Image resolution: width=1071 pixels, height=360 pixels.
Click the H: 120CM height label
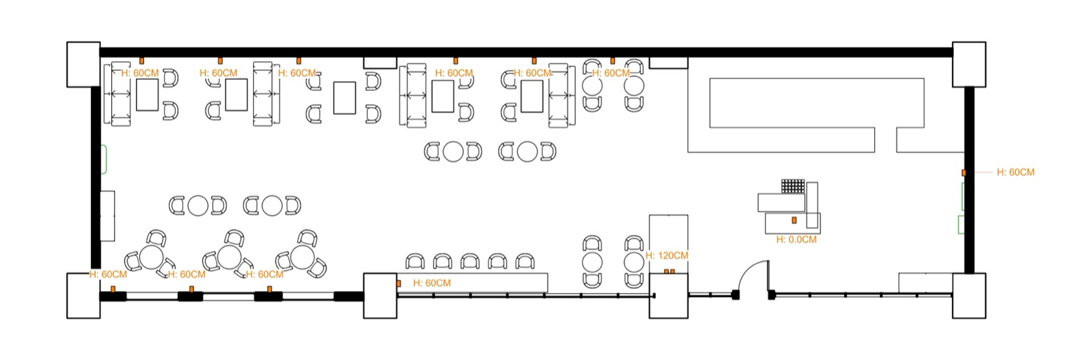pos(667,256)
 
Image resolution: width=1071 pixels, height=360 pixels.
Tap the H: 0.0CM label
pos(796,240)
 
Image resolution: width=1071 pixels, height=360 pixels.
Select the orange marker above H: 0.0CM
pos(794,220)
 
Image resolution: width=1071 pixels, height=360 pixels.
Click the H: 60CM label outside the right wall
pos(1015,172)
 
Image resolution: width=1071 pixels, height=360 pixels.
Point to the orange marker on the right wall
pos(964,172)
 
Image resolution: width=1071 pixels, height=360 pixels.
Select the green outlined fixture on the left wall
pos(104,159)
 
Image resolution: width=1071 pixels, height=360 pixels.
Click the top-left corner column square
pos(84,64)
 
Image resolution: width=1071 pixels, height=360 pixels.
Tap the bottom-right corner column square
pos(969,296)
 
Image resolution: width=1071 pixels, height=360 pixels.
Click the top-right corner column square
pos(969,64)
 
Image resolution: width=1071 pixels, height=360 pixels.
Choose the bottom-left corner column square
pos(84,296)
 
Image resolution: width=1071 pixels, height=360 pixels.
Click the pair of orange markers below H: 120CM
pos(669,272)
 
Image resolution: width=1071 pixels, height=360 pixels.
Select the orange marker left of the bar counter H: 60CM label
pos(399,284)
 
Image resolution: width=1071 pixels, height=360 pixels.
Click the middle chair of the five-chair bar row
pos(470,262)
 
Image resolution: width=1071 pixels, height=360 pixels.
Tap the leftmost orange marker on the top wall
pos(141,61)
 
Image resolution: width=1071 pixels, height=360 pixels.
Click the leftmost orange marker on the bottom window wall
pos(113,289)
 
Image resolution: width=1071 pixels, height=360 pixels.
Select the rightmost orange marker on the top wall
pos(612,61)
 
